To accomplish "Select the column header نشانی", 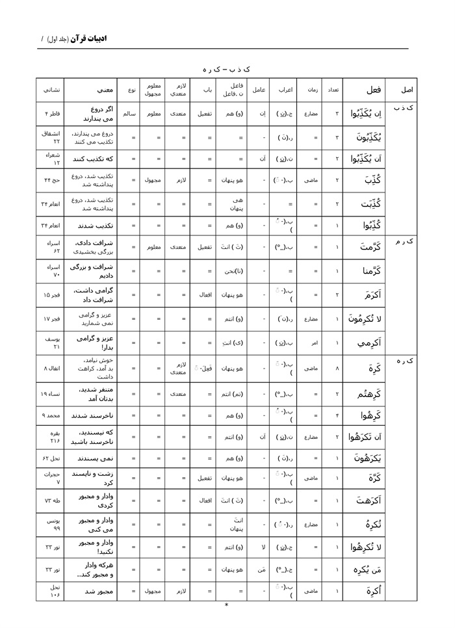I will point(51,90).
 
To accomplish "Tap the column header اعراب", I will point(285,90).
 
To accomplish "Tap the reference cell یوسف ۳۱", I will point(51,342).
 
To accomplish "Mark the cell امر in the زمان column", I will point(312,342).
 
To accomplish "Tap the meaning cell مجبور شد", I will point(90,592).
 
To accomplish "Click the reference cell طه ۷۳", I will point(51,501).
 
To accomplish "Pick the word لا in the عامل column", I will point(259,547).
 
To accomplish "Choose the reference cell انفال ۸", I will point(51,368).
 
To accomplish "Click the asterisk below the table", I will point(226,606).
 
